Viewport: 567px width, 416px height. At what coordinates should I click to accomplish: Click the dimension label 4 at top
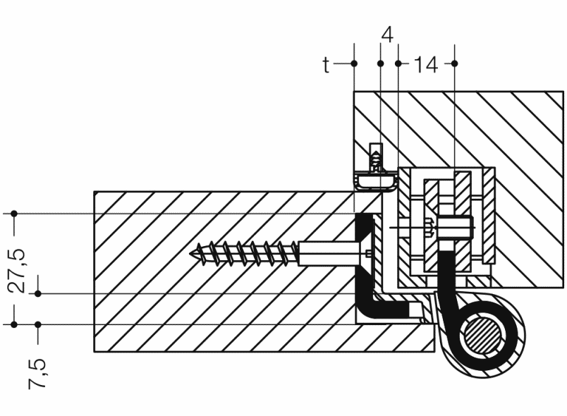[387, 35]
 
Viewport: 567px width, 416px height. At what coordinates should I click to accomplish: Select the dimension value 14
[426, 65]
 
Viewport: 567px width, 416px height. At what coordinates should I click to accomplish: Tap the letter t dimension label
[327, 65]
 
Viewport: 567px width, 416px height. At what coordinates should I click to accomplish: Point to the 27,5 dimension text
[18, 270]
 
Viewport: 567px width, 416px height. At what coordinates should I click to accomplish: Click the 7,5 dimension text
[37, 374]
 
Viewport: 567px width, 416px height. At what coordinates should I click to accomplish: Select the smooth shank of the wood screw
[329, 254]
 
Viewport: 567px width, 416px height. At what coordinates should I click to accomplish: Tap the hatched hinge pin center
[483, 336]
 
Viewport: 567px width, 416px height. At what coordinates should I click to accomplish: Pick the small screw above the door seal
[377, 158]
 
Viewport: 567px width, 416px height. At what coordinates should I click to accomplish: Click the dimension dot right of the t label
[354, 63]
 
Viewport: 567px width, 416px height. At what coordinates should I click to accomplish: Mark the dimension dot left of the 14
[398, 63]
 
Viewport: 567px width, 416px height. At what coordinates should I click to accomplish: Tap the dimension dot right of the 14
[455, 63]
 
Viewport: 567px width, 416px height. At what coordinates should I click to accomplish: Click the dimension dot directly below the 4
[380, 63]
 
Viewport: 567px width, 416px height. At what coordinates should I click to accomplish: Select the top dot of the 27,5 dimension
[13, 214]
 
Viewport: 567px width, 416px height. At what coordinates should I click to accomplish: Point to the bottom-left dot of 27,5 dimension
[13, 324]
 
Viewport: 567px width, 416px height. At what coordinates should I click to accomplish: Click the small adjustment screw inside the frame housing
[430, 228]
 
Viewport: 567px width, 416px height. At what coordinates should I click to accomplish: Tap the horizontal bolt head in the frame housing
[456, 228]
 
